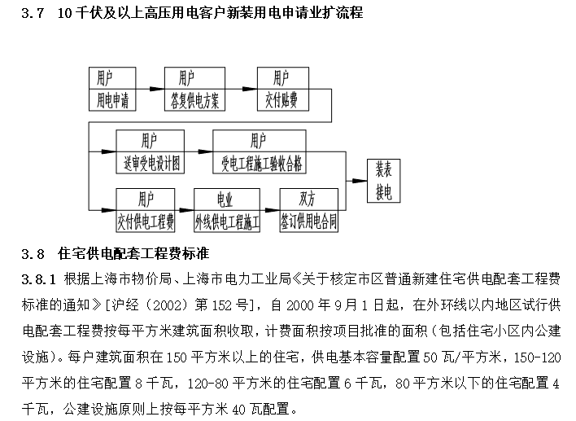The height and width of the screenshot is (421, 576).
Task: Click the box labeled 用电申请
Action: [x=113, y=100]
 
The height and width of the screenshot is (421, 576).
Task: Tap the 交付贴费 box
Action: [x=281, y=100]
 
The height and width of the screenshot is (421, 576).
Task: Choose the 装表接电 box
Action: [x=383, y=181]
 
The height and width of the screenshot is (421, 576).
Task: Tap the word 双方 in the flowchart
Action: [x=308, y=199]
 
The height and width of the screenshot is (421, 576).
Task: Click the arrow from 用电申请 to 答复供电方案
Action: [x=151, y=90]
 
